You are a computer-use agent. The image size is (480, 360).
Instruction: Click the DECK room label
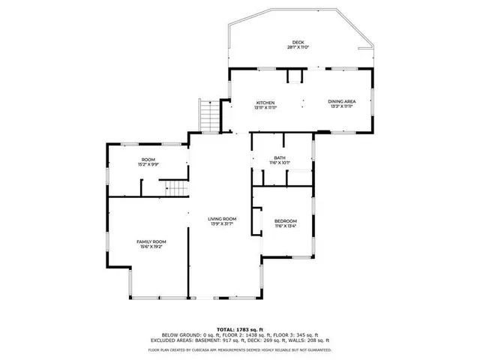click(298, 42)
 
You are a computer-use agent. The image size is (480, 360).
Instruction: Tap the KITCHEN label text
click(265, 103)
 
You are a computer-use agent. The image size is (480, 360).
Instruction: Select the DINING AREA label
click(341, 102)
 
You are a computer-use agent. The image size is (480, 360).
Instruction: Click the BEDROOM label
click(285, 220)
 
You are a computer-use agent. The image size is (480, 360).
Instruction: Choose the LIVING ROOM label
click(222, 218)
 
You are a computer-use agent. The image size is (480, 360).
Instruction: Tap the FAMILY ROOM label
click(150, 241)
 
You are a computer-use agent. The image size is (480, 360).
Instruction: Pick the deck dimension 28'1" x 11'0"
click(298, 47)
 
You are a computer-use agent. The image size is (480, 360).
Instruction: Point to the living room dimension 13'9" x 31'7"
click(222, 223)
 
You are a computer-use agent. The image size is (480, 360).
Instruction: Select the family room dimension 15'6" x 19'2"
click(150, 247)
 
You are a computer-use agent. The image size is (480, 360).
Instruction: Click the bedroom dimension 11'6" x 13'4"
click(285, 226)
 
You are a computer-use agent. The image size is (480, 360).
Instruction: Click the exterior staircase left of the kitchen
click(209, 114)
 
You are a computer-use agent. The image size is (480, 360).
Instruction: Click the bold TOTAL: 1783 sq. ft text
click(240, 329)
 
